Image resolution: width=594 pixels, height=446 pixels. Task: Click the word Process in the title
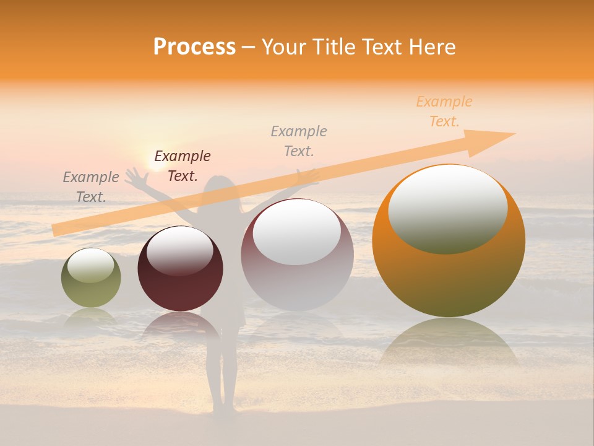pyautogui.click(x=194, y=47)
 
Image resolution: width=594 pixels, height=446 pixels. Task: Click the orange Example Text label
pyautogui.click(x=444, y=111)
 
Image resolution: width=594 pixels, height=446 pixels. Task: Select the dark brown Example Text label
pyautogui.click(x=182, y=166)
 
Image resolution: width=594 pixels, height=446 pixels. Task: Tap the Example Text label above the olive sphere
pyautogui.click(x=91, y=186)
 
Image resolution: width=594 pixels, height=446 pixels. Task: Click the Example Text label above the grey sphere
pyautogui.click(x=299, y=141)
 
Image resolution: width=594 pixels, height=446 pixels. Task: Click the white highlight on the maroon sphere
pyautogui.click(x=179, y=250)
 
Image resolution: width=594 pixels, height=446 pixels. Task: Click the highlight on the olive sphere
pyautogui.click(x=90, y=265)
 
